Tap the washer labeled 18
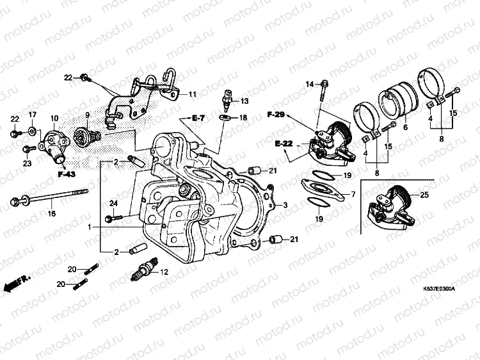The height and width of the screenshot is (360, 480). pos(226,118)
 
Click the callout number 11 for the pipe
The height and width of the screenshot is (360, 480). pos(192,94)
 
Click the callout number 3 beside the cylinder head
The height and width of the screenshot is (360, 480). pos(285,205)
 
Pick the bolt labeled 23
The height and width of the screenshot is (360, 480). pos(26,149)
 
